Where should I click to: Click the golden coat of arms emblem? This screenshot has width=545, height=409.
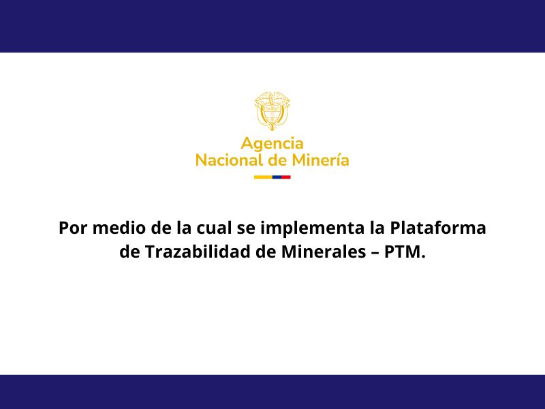[272, 111]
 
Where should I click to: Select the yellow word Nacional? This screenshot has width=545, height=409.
[229, 160]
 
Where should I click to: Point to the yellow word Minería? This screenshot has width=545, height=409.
[320, 160]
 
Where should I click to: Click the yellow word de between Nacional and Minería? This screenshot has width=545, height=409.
[277, 160]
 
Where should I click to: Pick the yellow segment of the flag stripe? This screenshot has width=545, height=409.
[263, 177]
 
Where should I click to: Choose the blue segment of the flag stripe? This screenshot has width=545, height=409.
[277, 177]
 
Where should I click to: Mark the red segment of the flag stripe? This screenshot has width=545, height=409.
[286, 177]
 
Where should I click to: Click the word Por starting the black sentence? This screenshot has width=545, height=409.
[73, 228]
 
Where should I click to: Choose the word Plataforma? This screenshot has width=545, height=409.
[438, 228]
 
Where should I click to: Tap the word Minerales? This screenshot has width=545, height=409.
[323, 252]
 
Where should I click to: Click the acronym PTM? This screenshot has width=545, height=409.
[405, 252]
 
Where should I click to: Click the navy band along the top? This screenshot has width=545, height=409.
[272, 26]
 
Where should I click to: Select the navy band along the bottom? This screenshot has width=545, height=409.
[272, 392]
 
